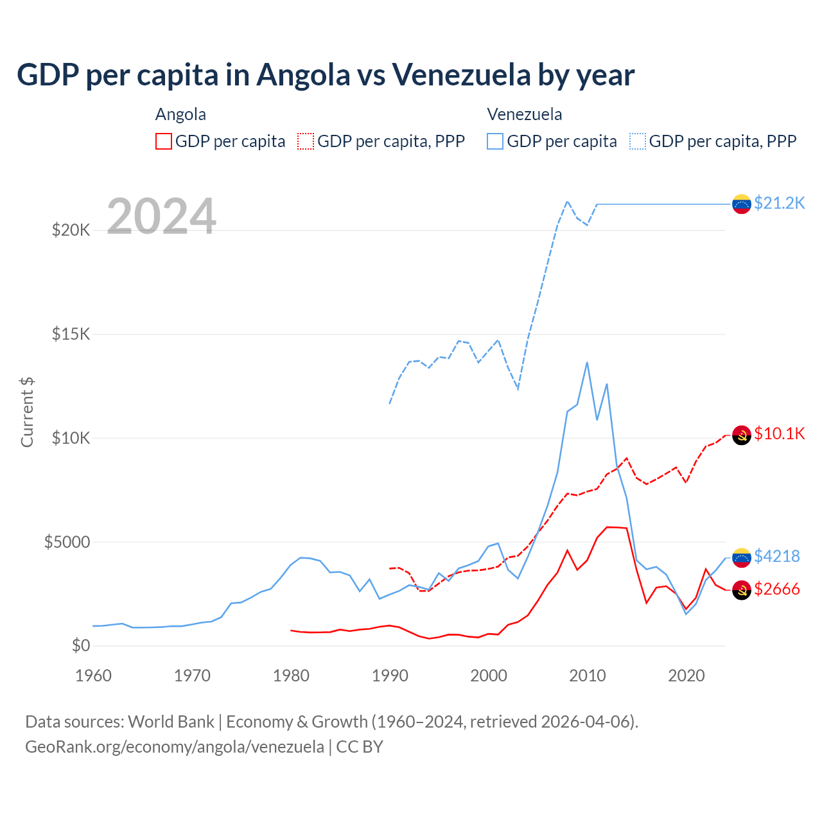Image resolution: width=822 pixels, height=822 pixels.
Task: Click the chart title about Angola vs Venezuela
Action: pyautogui.click(x=326, y=75)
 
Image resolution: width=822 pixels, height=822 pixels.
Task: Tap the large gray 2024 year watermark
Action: pyautogui.click(x=161, y=216)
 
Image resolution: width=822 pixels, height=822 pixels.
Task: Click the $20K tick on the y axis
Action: pyautogui.click(x=71, y=230)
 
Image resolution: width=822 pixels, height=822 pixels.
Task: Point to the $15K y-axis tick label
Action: pyautogui.click(x=71, y=334)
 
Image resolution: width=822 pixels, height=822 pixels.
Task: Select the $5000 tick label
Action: pyautogui.click(x=67, y=542)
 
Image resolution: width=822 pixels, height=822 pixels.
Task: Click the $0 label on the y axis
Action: pyautogui.click(x=80, y=645)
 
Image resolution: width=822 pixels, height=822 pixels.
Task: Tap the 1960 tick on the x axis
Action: pyautogui.click(x=94, y=676)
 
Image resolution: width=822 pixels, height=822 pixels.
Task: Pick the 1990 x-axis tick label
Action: pyautogui.click(x=390, y=676)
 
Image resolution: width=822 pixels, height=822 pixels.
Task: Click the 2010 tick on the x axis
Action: pyautogui.click(x=588, y=676)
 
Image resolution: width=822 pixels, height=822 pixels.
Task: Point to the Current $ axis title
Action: pyautogui.click(x=27, y=412)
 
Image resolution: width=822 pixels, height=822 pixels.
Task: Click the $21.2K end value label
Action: pyautogui.click(x=779, y=204)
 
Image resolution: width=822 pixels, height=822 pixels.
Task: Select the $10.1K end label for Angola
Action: pyautogui.click(x=779, y=434)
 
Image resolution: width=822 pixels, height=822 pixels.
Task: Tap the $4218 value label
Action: pyautogui.click(x=776, y=556)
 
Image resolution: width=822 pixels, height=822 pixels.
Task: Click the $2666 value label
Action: pyautogui.click(x=776, y=589)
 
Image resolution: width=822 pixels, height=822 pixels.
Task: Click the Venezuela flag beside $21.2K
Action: pyautogui.click(x=742, y=204)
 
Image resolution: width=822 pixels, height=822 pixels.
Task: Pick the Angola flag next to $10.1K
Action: pyautogui.click(x=742, y=435)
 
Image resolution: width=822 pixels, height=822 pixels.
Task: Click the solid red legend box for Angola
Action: pyautogui.click(x=164, y=141)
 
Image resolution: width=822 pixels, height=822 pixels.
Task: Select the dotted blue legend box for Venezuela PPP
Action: pyautogui.click(x=638, y=141)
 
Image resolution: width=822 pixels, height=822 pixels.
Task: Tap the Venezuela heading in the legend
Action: pyautogui.click(x=525, y=114)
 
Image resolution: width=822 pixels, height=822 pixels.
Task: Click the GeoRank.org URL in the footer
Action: pyautogui.click(x=175, y=747)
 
